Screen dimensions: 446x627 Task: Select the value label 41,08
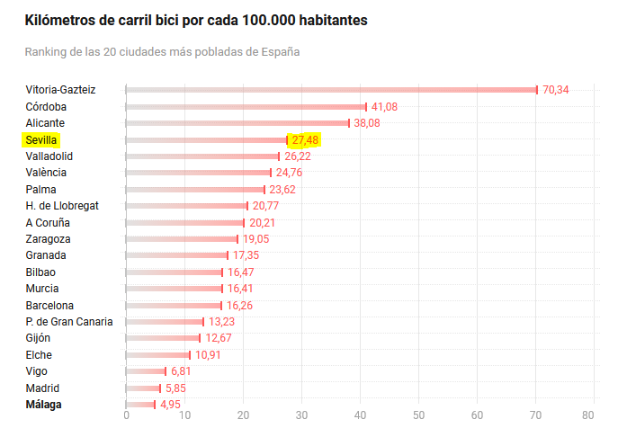click(384, 107)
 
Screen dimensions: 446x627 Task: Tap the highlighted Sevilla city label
click(41, 140)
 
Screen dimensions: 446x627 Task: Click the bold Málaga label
click(43, 405)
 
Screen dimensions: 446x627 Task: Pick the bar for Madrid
click(143, 388)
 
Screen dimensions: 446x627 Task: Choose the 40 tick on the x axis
click(361, 415)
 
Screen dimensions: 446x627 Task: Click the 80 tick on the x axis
click(588, 415)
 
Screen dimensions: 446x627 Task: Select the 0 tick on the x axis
click(126, 415)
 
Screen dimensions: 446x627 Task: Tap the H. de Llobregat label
click(62, 206)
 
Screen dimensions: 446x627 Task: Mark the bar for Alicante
click(237, 123)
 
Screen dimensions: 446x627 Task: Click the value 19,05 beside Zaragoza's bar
click(255, 239)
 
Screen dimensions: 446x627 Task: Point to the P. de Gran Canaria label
click(69, 322)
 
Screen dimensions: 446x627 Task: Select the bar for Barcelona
click(174, 306)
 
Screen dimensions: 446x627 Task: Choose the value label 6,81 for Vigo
click(181, 371)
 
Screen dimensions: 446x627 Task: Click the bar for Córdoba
click(246, 107)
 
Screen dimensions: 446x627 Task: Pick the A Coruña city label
click(48, 223)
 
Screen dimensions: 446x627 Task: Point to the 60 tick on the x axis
click(478, 415)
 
